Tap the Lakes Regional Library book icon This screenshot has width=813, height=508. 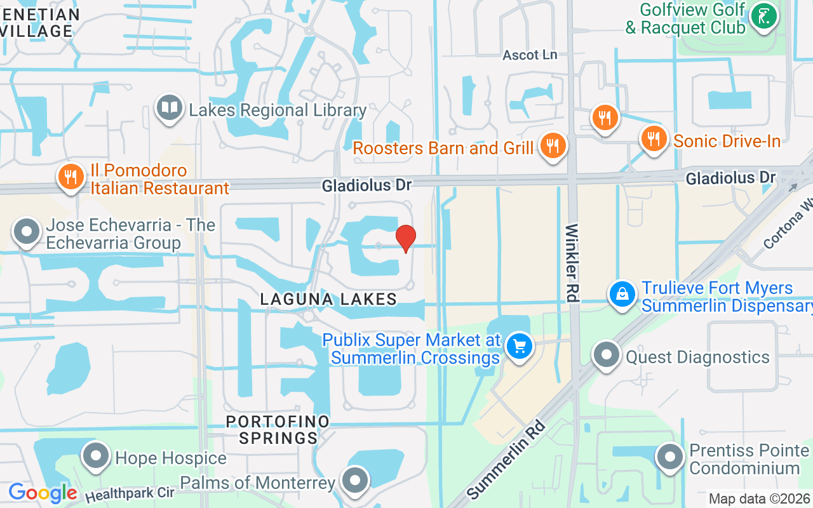(169, 108)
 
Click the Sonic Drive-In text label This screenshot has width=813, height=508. (727, 141)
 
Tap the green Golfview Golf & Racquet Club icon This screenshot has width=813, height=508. (763, 17)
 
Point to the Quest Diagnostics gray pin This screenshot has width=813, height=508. (607, 355)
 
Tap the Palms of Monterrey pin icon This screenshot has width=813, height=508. (355, 481)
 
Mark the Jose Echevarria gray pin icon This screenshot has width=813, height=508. (27, 232)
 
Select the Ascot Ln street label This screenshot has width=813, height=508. (530, 55)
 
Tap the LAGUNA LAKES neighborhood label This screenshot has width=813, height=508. (328, 299)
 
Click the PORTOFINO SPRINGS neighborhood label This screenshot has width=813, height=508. (278, 430)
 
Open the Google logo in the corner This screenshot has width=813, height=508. (43, 493)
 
